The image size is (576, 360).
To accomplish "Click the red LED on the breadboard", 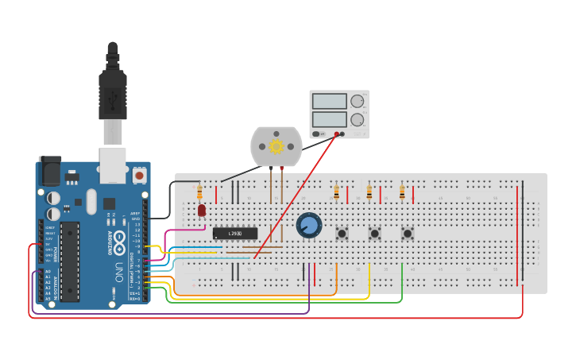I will [x=202, y=210].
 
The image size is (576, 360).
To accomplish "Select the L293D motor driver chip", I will [x=235, y=233].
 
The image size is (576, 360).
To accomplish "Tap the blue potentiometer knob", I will [x=308, y=226].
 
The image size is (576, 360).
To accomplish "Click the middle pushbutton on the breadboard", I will [x=374, y=234].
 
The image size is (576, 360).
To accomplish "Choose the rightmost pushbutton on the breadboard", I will [x=407, y=234].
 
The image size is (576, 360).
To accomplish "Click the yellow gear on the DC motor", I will [x=276, y=146].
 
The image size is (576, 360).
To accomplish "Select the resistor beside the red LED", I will [x=199, y=192].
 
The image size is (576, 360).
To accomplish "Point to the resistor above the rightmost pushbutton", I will [x=402, y=192].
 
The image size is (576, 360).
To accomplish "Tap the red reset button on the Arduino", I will [x=140, y=174].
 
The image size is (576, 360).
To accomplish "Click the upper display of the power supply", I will [x=330, y=102].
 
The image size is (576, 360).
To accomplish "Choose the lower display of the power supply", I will [x=330, y=120].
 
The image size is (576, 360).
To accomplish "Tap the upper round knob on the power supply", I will [x=358, y=102].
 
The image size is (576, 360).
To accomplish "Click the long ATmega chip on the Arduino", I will [x=70, y=262].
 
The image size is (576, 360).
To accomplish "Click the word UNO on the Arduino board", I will [x=118, y=269].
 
